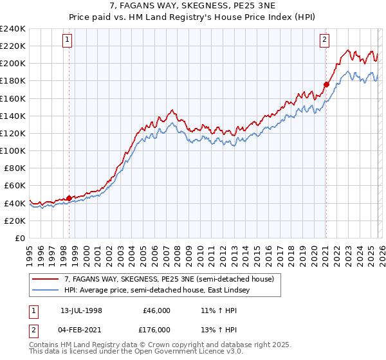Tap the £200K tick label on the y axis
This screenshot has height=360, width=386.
point(13,64)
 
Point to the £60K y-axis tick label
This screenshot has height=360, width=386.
point(15,185)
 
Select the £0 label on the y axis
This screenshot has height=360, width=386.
point(21,238)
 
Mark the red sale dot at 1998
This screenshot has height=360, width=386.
point(69,198)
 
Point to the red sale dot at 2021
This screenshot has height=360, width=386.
point(326,84)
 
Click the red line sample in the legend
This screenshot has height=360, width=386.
point(46,279)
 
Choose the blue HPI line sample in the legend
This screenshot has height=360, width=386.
point(46,290)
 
